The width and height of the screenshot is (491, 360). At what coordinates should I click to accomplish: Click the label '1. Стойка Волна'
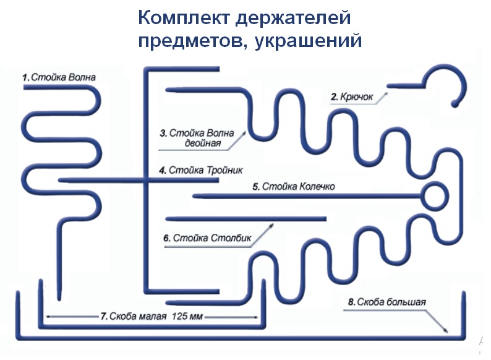tap(59, 77)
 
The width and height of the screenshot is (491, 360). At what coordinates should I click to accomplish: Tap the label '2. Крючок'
tap(352, 97)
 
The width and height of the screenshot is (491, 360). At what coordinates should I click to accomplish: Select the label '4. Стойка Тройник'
tap(201, 170)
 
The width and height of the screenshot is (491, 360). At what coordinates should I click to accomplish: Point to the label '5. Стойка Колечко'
tap(293, 186)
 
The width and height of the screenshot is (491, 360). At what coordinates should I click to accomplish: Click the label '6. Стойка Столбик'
tap(207, 238)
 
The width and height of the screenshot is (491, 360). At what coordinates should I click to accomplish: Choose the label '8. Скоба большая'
tap(387, 302)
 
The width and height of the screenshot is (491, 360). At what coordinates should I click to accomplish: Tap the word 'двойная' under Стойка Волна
tap(203, 143)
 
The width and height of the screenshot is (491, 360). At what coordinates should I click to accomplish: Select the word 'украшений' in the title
tap(308, 41)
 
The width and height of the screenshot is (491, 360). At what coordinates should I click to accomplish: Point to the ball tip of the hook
tap(455, 103)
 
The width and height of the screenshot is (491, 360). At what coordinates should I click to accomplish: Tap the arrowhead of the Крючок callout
tap(386, 93)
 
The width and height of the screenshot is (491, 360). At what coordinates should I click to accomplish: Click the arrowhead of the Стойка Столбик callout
tap(271, 226)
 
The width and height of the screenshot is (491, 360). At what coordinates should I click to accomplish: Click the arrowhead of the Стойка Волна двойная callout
tap(244, 134)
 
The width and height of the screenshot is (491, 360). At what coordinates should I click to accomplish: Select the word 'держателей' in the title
tap(292, 18)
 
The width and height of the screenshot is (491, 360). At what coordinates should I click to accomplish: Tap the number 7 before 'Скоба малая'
tap(104, 316)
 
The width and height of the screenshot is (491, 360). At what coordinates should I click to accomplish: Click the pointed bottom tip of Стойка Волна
tap(59, 299)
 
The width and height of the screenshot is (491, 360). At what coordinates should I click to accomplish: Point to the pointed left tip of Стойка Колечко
tap(194, 197)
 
